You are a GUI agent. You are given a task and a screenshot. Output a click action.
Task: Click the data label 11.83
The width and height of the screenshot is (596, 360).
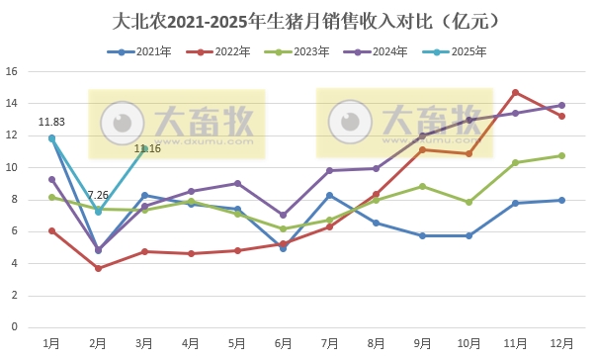click(x=51, y=123)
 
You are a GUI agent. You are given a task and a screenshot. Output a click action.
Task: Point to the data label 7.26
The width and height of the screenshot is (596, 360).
click(x=98, y=195)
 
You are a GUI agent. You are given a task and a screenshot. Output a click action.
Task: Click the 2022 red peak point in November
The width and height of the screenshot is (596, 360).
click(x=515, y=92)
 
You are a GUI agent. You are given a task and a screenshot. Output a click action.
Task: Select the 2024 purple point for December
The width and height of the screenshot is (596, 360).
click(x=561, y=105)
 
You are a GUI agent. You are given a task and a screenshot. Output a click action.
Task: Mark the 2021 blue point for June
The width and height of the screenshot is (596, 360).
click(x=283, y=248)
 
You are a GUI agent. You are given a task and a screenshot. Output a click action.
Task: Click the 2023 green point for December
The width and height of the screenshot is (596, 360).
click(x=561, y=155)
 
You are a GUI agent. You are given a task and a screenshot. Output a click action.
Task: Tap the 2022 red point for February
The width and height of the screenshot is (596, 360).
click(x=98, y=268)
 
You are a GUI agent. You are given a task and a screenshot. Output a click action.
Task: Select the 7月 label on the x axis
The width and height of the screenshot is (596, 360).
click(x=329, y=342)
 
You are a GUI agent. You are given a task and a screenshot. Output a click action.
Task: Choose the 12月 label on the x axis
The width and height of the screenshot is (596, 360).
click(x=561, y=342)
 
